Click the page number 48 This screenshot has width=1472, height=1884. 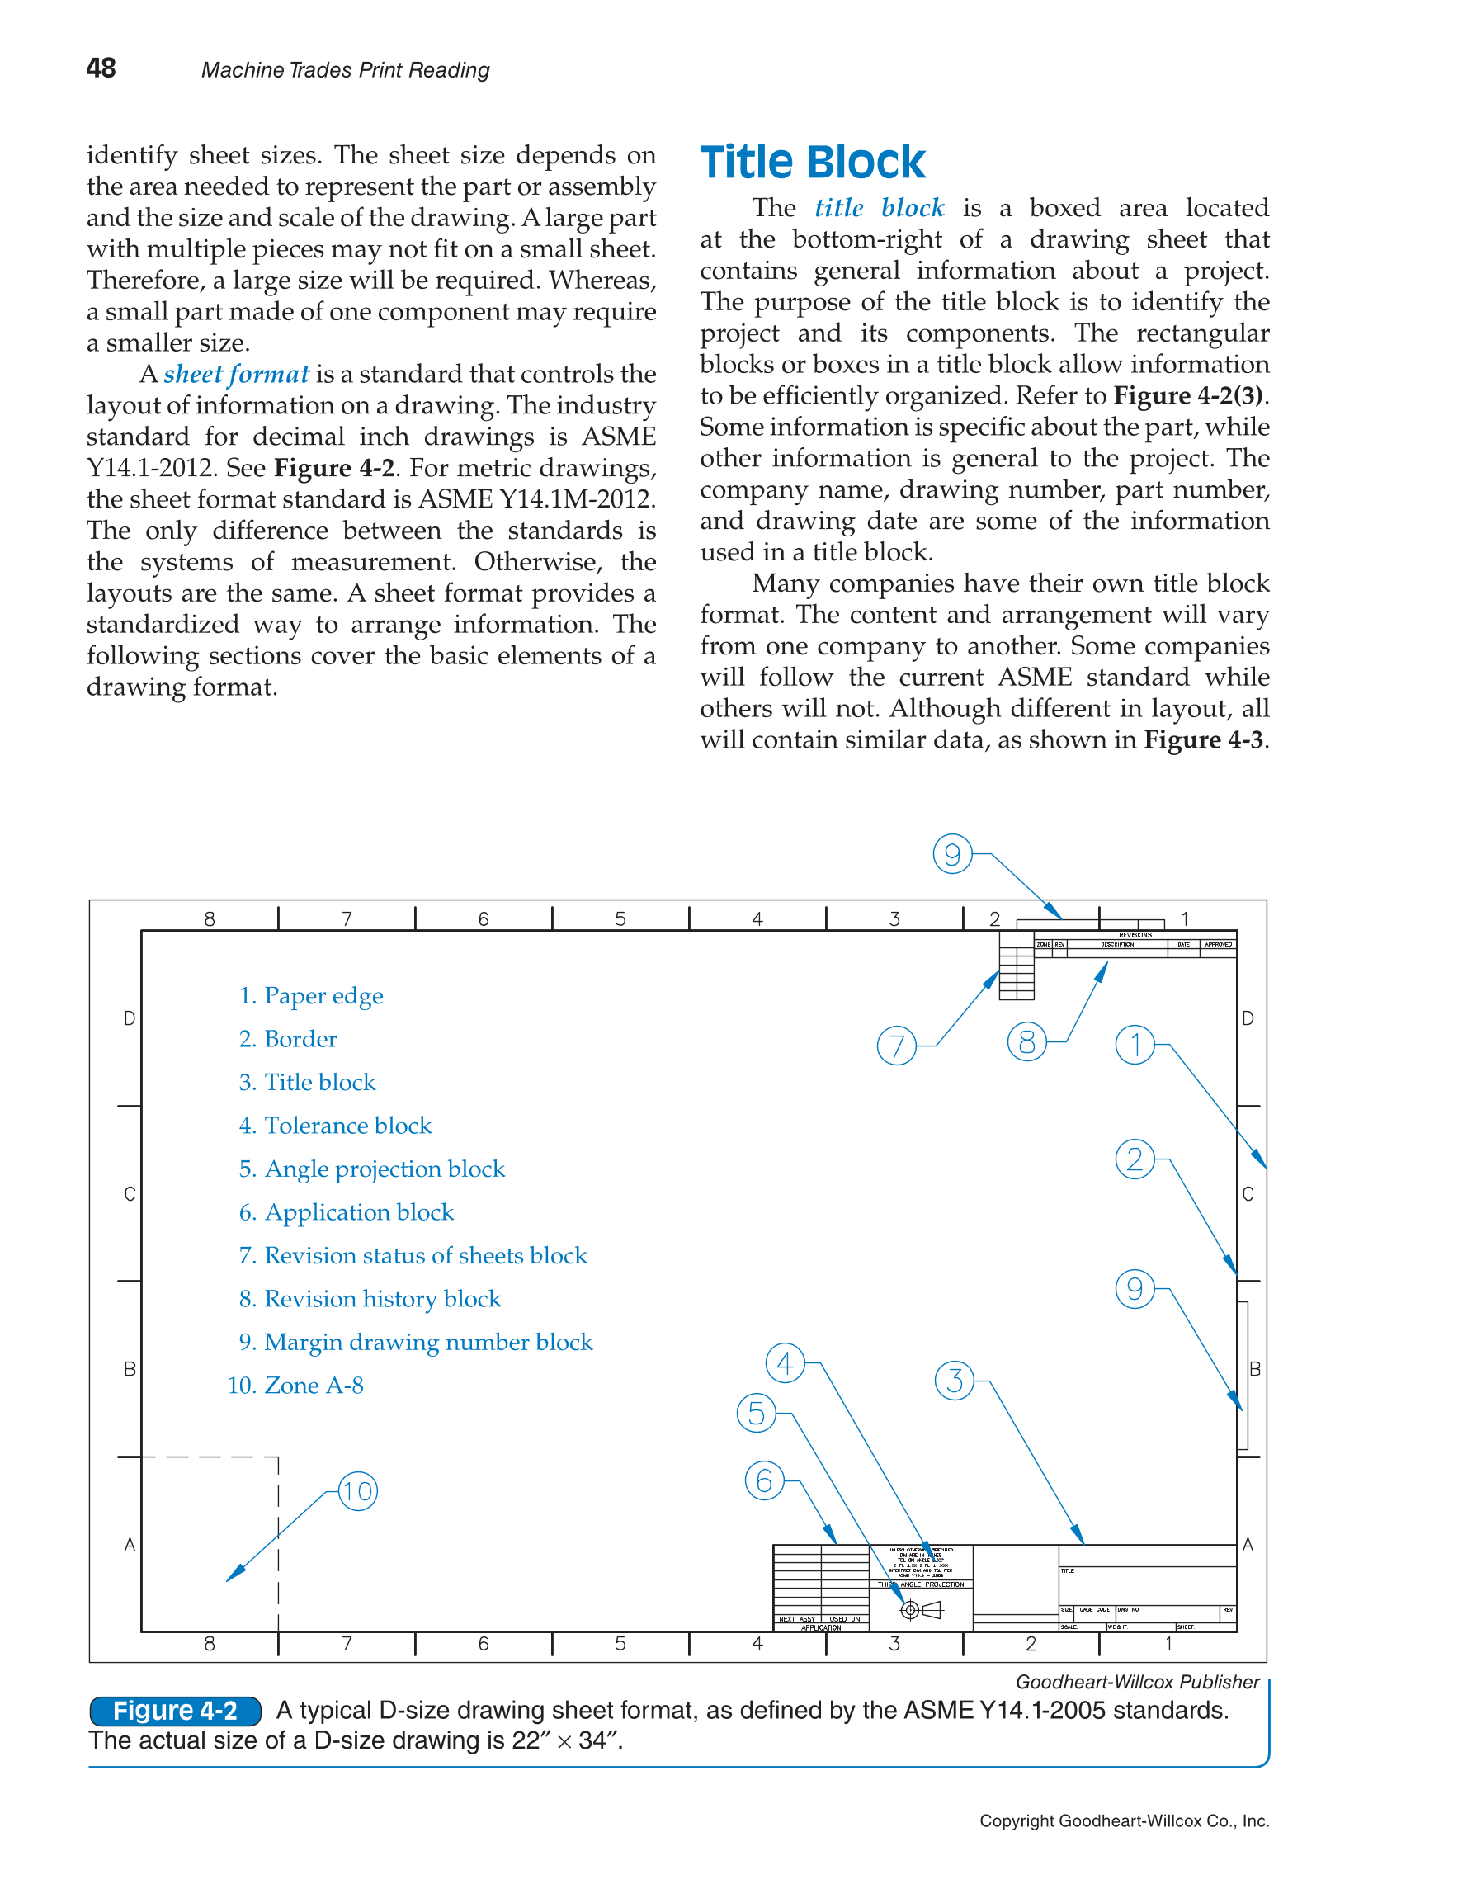(x=101, y=68)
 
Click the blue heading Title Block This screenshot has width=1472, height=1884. (x=811, y=163)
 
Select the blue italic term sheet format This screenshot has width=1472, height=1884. (x=235, y=375)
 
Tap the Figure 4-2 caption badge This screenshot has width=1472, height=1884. (x=175, y=1711)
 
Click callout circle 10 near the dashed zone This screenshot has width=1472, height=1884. (x=357, y=1491)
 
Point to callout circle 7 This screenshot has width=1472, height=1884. (x=896, y=1046)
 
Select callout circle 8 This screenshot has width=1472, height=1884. (x=1026, y=1042)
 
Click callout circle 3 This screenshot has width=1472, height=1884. (x=954, y=1381)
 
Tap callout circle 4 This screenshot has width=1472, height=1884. (x=785, y=1363)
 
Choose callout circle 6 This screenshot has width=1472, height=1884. (x=764, y=1481)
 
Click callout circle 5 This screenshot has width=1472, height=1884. (x=757, y=1413)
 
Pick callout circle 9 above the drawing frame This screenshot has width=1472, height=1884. (x=952, y=854)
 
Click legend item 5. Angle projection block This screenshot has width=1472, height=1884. (x=371, y=1169)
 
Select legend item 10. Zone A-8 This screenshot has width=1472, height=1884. (x=295, y=1386)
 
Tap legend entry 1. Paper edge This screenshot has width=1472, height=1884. (x=310, y=995)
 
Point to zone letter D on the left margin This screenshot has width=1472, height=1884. (x=130, y=1019)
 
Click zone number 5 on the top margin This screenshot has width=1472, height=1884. (x=620, y=918)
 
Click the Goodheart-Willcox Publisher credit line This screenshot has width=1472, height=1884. (x=1136, y=1681)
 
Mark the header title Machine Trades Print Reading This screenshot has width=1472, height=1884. (x=345, y=70)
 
